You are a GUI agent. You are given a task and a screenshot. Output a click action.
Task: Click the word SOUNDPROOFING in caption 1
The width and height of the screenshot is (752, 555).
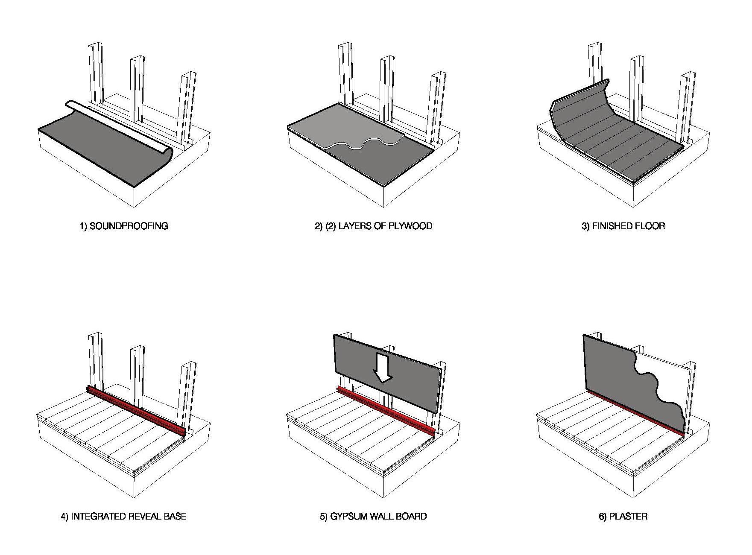(129, 226)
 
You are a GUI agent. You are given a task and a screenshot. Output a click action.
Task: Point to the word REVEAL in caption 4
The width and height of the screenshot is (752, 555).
(143, 516)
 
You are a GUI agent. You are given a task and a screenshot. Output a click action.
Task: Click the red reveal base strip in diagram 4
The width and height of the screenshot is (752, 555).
(137, 410)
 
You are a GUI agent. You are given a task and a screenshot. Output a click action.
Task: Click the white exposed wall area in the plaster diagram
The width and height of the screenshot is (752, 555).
(666, 376)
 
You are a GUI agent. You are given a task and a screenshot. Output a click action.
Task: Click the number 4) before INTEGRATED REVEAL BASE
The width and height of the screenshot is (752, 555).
(64, 516)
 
